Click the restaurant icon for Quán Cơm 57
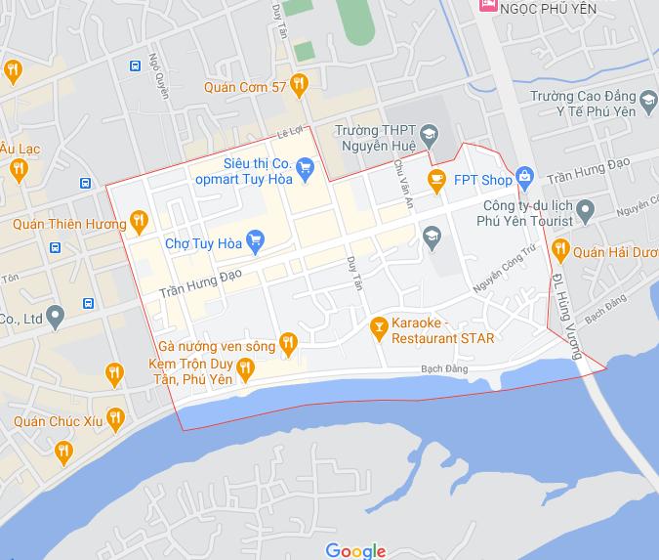300,86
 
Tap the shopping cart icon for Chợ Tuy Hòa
256,237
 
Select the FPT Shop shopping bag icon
525,178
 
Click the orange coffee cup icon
436,179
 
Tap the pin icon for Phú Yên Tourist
585,209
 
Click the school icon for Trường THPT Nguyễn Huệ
430,135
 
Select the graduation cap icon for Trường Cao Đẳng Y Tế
646,100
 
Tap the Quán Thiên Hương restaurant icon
139,222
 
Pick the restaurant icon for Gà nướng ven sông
287,342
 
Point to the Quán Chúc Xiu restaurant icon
116,420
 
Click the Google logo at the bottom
355,550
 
